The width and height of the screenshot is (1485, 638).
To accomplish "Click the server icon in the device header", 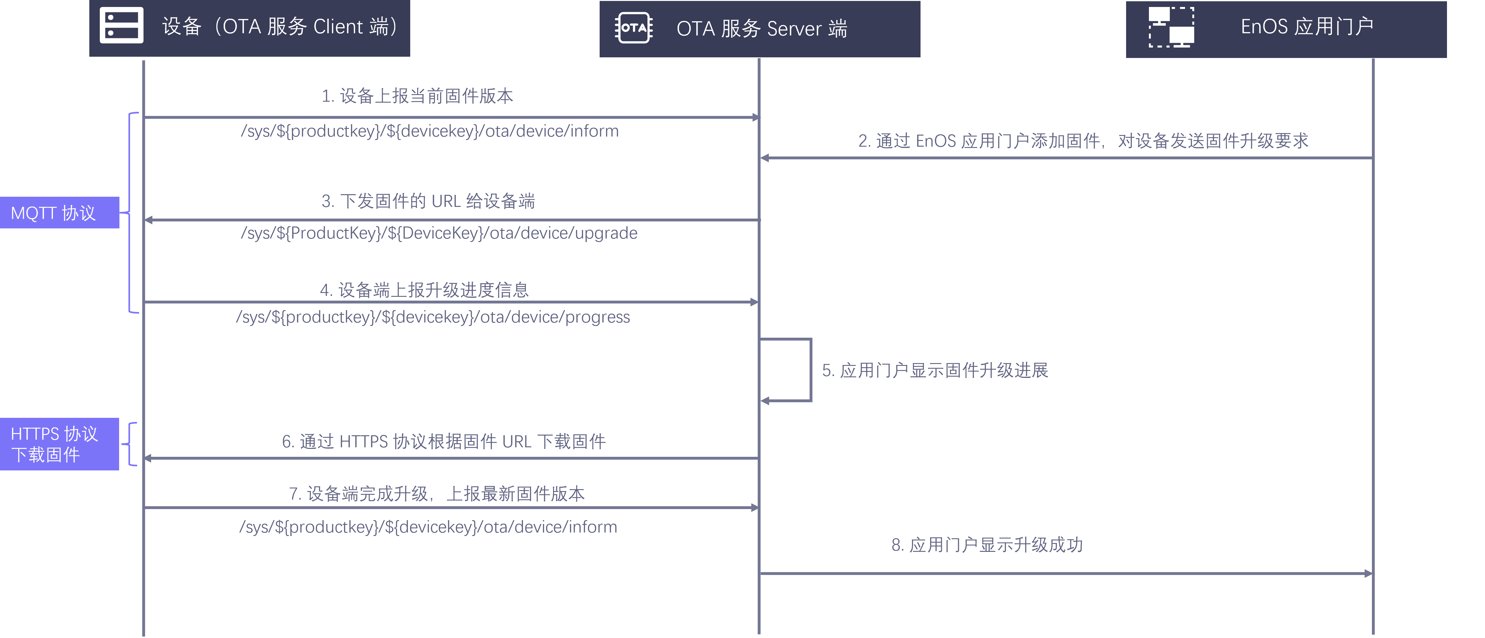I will click(x=122, y=25).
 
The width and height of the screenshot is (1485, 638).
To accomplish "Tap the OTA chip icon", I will click(x=634, y=28).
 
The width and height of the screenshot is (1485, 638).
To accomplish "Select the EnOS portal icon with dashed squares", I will click(x=1171, y=27).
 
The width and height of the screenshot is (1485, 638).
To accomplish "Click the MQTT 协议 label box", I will click(x=59, y=213).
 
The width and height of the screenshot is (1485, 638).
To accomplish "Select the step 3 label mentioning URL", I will click(x=428, y=201).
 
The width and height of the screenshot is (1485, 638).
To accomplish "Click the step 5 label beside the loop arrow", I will click(x=934, y=370).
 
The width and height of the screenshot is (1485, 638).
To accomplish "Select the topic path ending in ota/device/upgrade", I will click(x=439, y=233).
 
